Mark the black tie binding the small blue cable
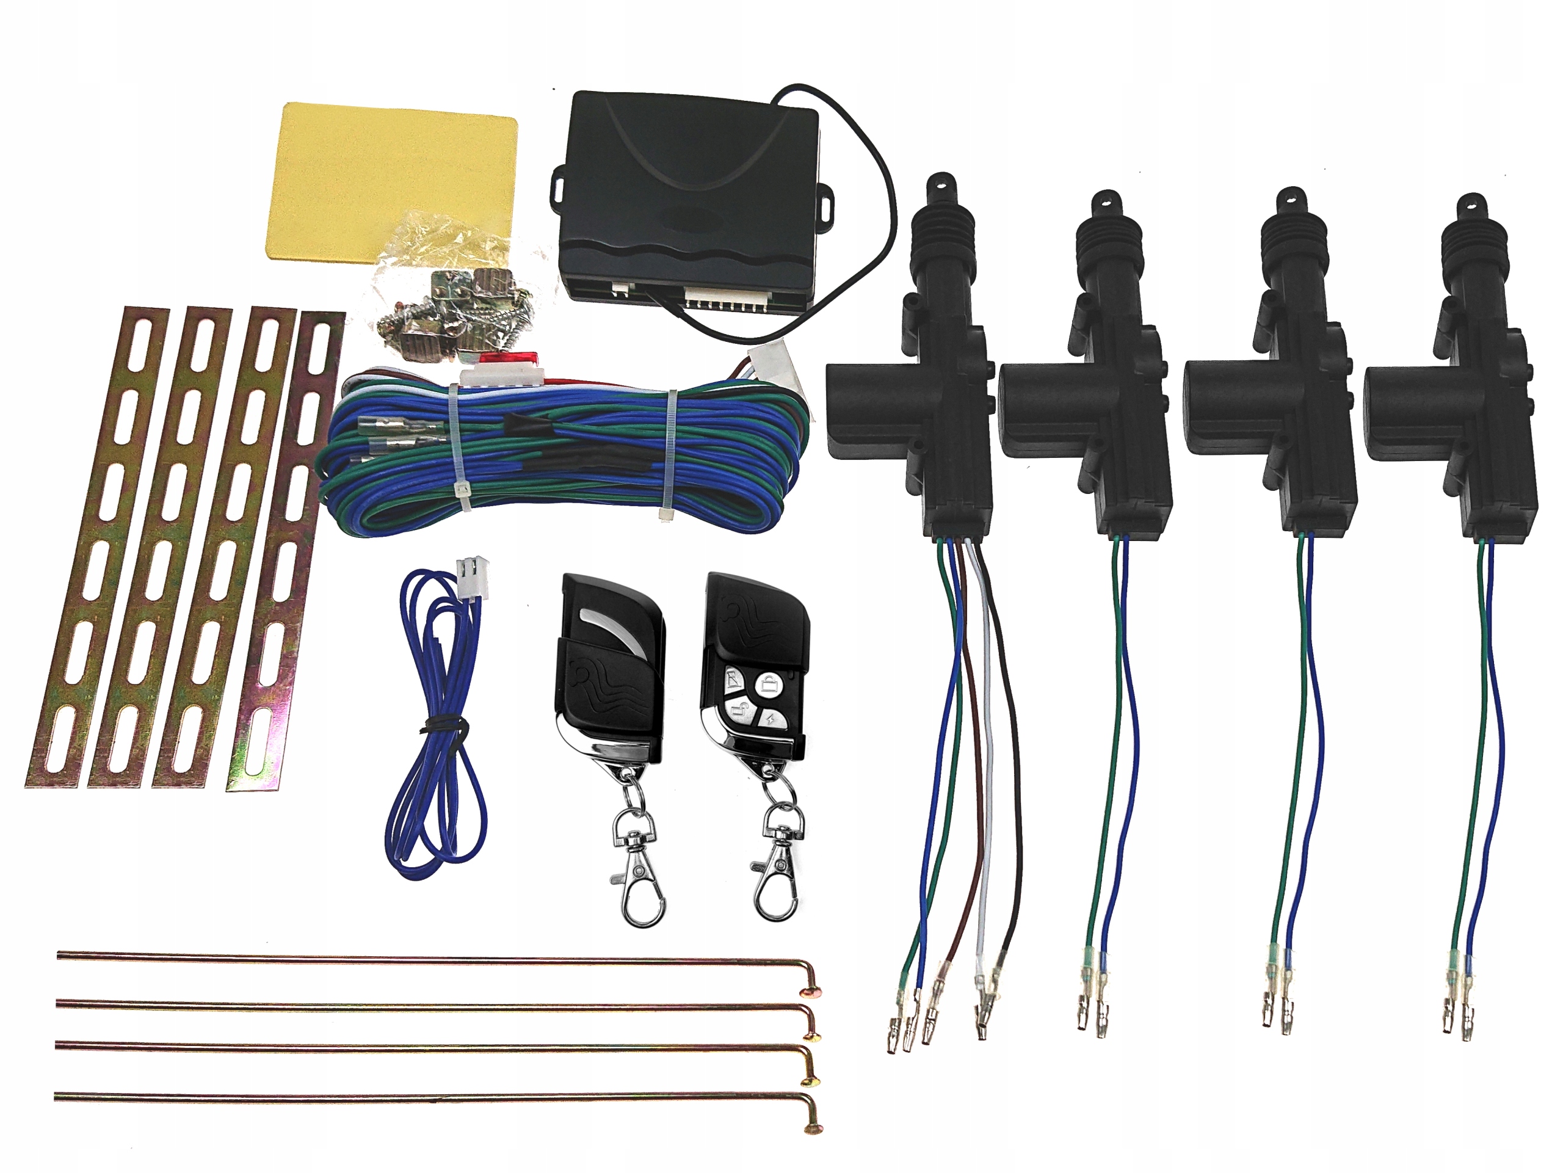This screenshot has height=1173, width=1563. click(438, 725)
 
